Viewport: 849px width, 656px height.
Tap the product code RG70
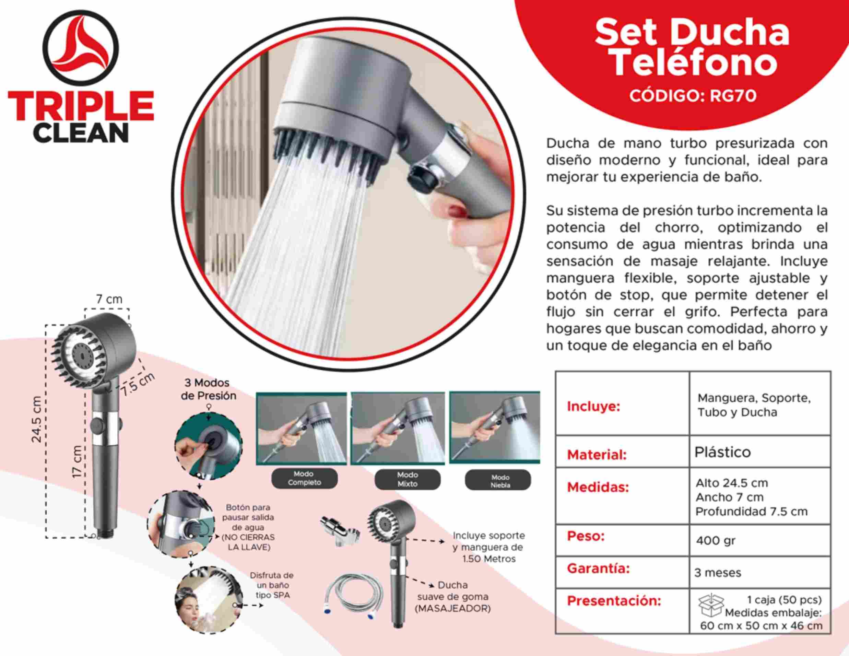click(x=733, y=96)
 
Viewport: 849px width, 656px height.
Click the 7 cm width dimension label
click(x=109, y=299)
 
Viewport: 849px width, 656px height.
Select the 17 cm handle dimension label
click(x=78, y=462)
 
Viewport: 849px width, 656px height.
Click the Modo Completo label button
click(x=304, y=478)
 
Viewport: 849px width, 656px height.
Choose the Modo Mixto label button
click(x=408, y=479)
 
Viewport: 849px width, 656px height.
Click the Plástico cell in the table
click(x=722, y=452)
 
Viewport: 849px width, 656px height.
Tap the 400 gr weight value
click(x=716, y=540)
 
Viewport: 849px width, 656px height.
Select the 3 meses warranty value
click(x=718, y=573)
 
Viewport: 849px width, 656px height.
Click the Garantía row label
click(x=598, y=569)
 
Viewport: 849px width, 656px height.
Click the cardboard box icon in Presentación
click(x=711, y=605)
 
